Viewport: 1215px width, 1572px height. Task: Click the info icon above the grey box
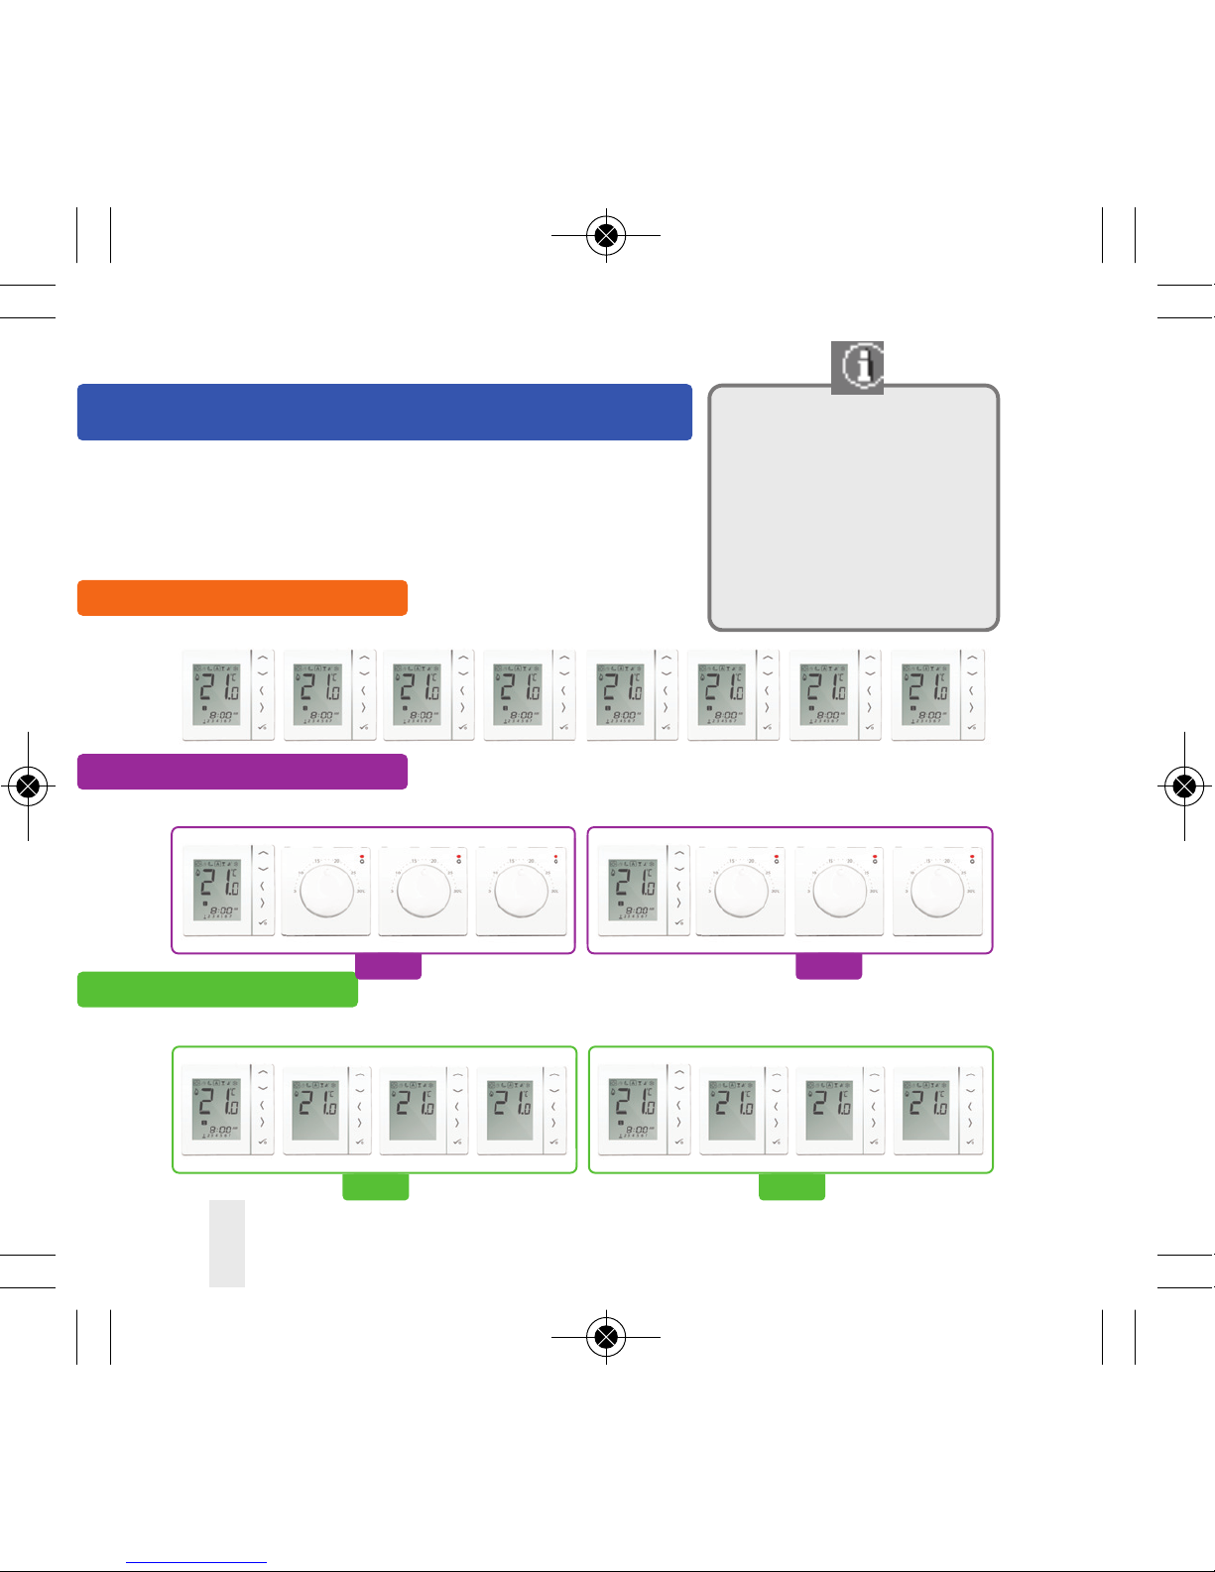tap(857, 366)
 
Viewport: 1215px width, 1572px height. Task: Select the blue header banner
tap(384, 412)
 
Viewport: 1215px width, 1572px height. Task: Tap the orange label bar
tap(242, 598)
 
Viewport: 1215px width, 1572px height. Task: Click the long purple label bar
tap(242, 772)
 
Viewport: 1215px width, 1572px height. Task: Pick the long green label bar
tap(217, 990)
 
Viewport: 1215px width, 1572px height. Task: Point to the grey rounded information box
tap(853, 508)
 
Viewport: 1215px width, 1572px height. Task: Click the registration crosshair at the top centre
tap(606, 236)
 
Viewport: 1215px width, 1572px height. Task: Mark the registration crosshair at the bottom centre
tap(606, 1337)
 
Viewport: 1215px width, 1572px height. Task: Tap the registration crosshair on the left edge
tap(29, 786)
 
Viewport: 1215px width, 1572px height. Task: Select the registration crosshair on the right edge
tap(1184, 786)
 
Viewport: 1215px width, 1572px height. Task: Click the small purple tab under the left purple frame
tap(388, 967)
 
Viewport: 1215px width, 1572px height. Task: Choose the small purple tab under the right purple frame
tap(829, 967)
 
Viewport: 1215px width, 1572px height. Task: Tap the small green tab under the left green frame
tap(375, 1187)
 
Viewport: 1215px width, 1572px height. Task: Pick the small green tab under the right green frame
tap(791, 1187)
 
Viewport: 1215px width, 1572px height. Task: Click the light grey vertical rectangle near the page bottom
tap(227, 1244)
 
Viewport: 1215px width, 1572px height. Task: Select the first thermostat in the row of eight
tap(229, 695)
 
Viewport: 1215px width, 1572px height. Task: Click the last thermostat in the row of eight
tap(937, 695)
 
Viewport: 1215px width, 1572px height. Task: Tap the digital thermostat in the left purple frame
tap(227, 890)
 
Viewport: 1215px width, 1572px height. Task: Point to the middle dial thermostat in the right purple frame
tap(839, 890)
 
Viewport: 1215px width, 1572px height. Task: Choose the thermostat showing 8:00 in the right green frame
tap(642, 1109)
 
